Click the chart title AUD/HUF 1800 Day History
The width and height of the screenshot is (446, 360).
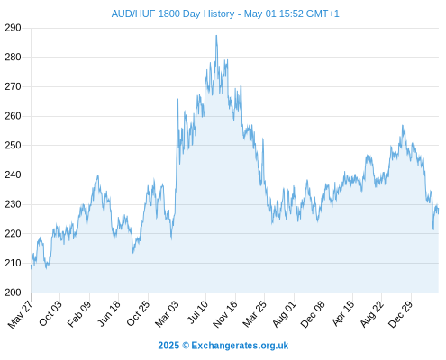173,13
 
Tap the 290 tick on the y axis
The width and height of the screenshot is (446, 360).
13,28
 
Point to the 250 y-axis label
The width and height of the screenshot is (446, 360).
13,146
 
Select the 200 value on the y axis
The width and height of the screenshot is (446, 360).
13,292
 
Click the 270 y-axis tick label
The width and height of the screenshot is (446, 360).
13,87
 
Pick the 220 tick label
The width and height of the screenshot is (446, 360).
13,234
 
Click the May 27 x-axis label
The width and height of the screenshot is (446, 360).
20,314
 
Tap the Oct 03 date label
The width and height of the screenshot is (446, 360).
50,313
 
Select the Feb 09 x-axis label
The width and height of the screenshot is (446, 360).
79,313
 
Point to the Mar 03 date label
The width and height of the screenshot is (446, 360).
167,313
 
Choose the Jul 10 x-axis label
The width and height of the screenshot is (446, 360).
197,312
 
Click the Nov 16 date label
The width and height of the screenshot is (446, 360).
225,314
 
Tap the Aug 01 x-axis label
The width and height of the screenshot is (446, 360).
284,313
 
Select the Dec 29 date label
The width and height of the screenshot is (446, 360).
400,314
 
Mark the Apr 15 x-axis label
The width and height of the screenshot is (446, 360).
343,313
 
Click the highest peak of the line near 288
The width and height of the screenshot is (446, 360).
216,36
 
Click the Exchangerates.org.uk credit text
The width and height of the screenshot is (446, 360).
240,346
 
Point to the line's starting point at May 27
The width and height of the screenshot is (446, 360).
32,267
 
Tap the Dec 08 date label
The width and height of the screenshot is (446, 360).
313,314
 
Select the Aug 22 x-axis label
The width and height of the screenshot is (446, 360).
372,314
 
